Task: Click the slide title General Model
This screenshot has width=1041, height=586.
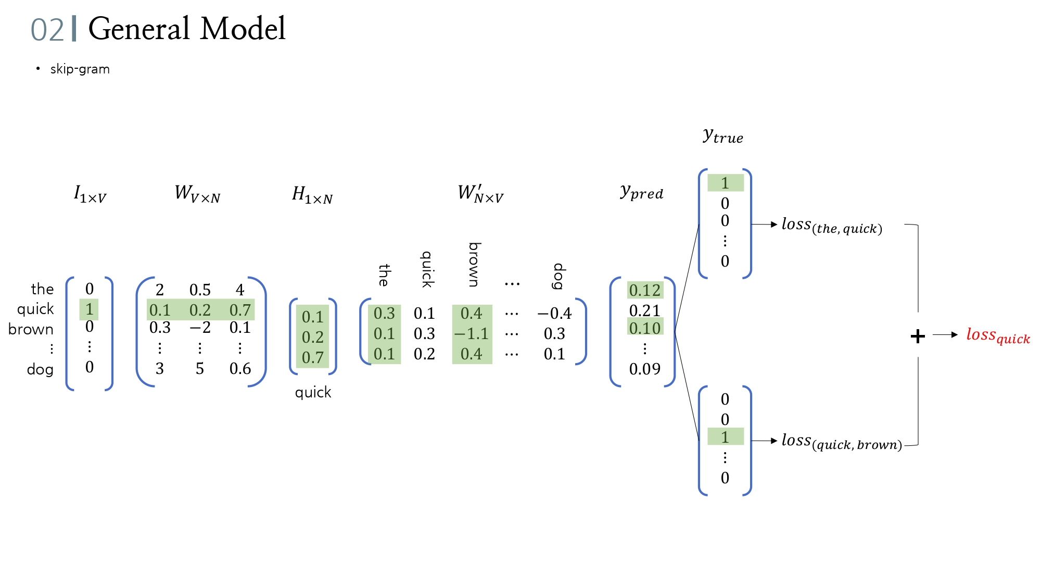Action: tap(186, 29)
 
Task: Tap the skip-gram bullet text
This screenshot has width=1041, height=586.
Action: tap(80, 69)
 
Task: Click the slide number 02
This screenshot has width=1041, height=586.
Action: tap(47, 30)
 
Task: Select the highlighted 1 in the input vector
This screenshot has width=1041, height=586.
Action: tap(90, 309)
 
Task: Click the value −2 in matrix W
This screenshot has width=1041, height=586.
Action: tap(199, 328)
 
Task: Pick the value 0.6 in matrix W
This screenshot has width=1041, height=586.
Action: tap(240, 369)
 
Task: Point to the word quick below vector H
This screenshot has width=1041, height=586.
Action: tap(313, 392)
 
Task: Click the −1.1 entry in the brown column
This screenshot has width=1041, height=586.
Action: tap(472, 334)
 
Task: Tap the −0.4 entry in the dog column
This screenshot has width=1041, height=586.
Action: tap(554, 314)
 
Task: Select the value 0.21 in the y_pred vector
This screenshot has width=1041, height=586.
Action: tap(644, 311)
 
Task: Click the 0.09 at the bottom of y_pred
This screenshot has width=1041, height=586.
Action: tap(644, 369)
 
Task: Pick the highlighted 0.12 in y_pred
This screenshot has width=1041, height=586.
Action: tap(644, 290)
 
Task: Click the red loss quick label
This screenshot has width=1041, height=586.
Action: tap(998, 335)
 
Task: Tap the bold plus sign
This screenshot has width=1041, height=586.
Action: tap(918, 336)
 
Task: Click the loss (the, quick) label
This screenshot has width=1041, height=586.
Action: tap(832, 226)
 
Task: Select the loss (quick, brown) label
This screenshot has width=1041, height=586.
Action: tap(841, 442)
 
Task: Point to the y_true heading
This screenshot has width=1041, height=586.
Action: tap(722, 136)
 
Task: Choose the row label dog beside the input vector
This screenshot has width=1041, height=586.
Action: tap(40, 370)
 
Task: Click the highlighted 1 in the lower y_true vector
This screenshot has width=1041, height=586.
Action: tap(725, 438)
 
